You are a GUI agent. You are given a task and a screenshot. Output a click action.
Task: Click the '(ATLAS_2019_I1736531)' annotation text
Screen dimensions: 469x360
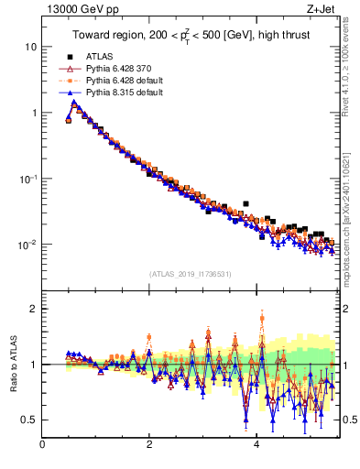pos(190,274)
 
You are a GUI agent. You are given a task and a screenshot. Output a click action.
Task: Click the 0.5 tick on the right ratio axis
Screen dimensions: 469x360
pos(348,420)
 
